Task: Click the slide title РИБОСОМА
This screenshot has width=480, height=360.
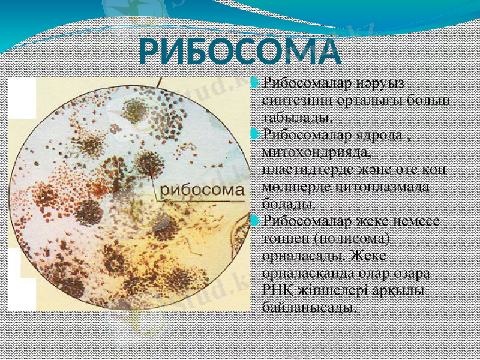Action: (240, 52)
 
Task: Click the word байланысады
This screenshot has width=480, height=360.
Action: (308, 308)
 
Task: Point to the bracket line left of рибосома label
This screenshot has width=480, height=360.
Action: (157, 186)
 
